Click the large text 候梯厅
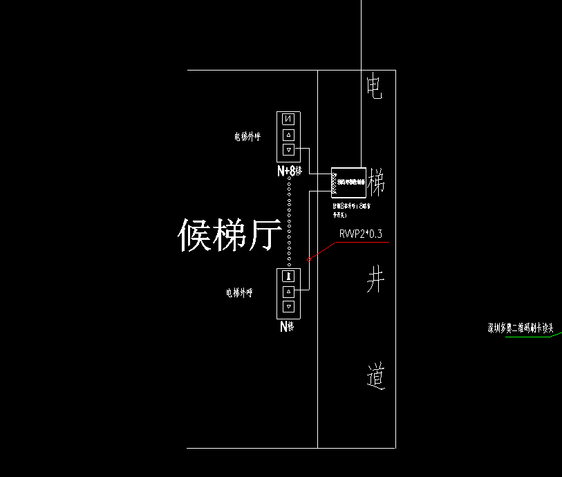[x=230, y=235]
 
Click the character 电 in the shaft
[x=374, y=88]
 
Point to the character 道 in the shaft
[x=375, y=377]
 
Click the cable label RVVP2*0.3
[x=360, y=235]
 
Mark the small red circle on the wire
[x=308, y=260]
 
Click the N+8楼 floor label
[x=290, y=171]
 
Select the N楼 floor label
[x=287, y=327]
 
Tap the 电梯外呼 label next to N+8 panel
[x=247, y=137]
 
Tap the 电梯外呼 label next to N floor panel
[x=239, y=293]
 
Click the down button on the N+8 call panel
[x=289, y=150]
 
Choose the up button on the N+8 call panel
[x=289, y=135]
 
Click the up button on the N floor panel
[x=289, y=291]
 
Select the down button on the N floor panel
[x=289, y=306]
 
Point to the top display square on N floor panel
[x=289, y=276]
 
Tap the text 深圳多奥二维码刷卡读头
[x=522, y=329]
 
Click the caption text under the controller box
[x=360, y=209]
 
